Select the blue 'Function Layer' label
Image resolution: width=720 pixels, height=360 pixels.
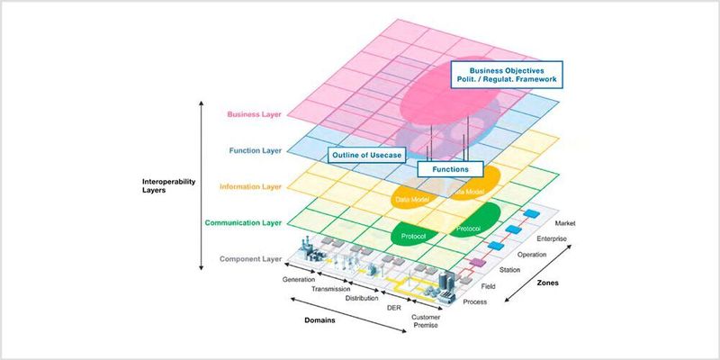point(256,151)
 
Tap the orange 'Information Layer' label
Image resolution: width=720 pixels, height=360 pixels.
point(249,187)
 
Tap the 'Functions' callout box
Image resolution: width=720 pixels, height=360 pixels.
point(451,168)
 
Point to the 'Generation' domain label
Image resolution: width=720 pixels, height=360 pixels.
point(299,280)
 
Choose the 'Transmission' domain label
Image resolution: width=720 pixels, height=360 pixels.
point(331,289)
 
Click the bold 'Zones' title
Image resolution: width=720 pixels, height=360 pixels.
point(547,283)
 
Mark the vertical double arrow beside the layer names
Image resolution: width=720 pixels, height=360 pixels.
point(200,184)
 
